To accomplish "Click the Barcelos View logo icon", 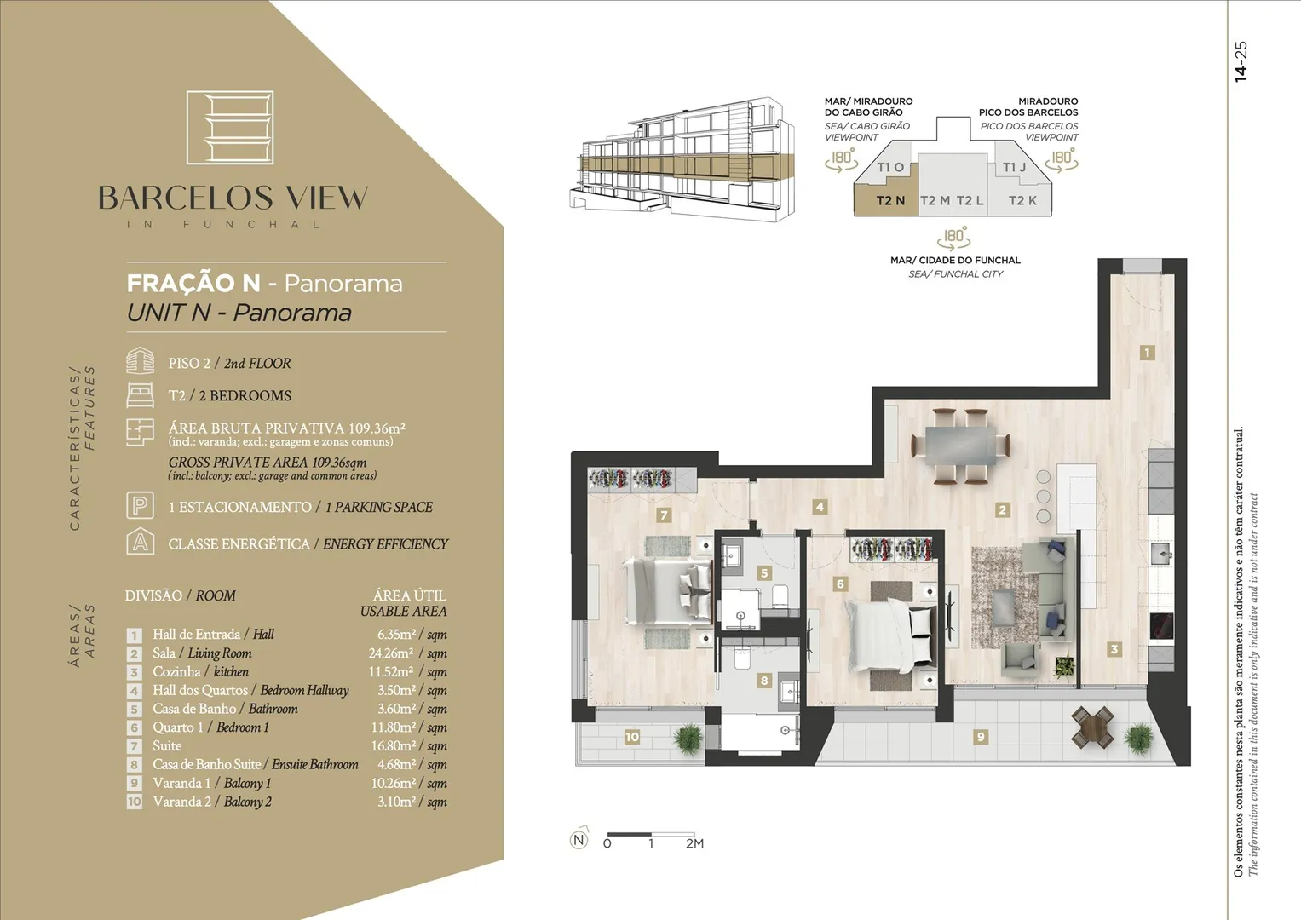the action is tap(230, 127).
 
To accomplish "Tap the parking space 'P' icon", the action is tap(140, 505).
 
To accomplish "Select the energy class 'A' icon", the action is tap(140, 541).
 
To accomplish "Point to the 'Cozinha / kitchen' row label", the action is tap(200, 671).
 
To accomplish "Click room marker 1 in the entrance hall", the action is tap(1147, 353).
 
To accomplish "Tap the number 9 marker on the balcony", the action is tap(981, 737).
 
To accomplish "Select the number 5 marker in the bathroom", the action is tap(764, 573).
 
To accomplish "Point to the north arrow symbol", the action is tap(579, 839).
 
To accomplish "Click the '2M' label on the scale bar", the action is tap(694, 843).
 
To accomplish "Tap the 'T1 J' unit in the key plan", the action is tap(1014, 167).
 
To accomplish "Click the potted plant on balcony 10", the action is tap(688, 738).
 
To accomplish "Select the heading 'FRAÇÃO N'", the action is tap(193, 284).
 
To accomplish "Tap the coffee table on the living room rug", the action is tap(1007, 607).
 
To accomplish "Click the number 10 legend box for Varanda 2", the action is tap(134, 802).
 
